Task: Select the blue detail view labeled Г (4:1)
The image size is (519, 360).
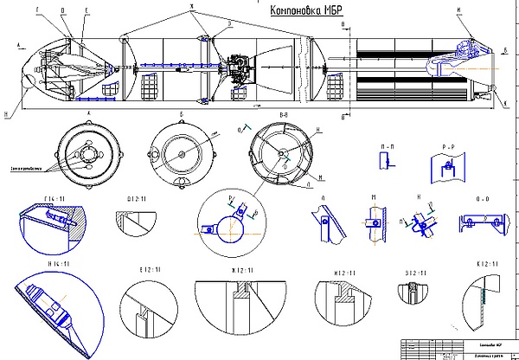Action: click(x=52, y=225)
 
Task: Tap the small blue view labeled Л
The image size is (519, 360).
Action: click(x=329, y=222)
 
